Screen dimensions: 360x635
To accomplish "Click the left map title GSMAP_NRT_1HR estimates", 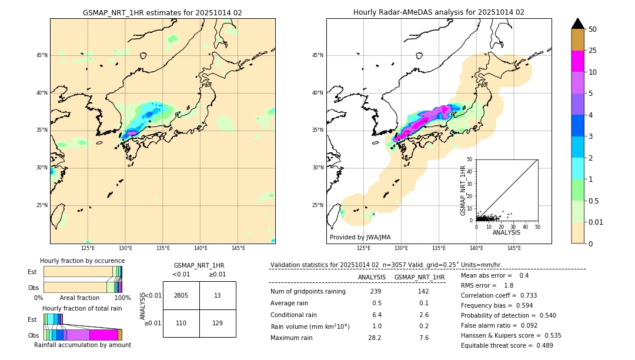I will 162,12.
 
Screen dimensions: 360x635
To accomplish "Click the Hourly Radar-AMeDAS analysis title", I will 439,12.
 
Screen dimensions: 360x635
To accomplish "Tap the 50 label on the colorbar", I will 593,29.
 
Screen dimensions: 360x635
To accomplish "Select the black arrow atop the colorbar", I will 577,24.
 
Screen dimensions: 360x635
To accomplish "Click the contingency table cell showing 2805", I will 181,295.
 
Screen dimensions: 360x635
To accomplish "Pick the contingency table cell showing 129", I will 218,323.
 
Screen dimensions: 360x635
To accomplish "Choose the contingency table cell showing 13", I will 218,295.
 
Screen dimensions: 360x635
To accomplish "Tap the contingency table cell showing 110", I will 181,323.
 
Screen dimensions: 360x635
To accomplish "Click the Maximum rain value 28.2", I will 375,338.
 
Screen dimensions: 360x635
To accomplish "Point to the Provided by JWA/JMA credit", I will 360,238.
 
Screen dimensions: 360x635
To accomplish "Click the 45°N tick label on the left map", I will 42,55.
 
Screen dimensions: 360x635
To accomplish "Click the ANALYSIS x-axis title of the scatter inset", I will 506,232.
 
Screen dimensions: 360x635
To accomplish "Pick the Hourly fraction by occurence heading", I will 82,261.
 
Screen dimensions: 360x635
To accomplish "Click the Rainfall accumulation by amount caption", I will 82,345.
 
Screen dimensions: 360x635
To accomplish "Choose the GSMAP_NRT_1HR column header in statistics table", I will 419,277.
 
